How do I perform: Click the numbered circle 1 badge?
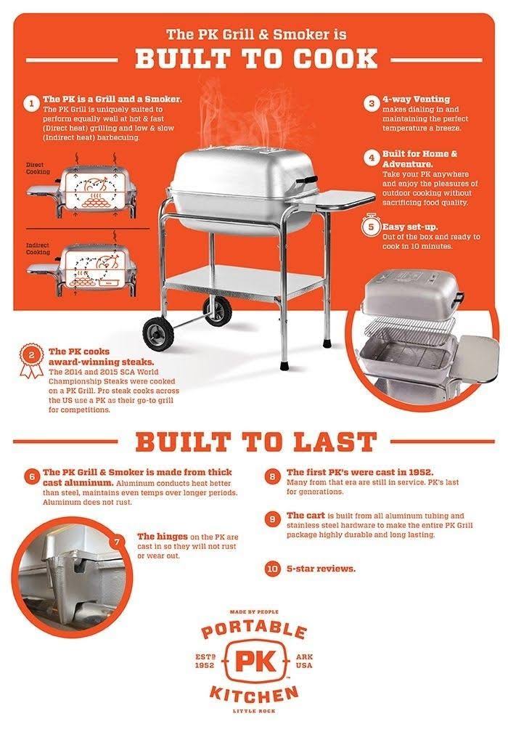pyautogui.click(x=31, y=103)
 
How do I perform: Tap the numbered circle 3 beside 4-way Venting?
pyautogui.click(x=371, y=103)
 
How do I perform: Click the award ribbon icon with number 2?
pyautogui.click(x=30, y=358)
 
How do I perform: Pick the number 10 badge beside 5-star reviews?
pyautogui.click(x=272, y=569)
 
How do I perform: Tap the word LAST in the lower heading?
pyautogui.click(x=332, y=441)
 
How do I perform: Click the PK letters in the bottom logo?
pyautogui.click(x=254, y=662)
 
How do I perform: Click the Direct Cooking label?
pyautogui.click(x=38, y=169)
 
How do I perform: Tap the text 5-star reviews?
pyautogui.click(x=321, y=569)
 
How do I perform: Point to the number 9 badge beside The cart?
pyautogui.click(x=272, y=518)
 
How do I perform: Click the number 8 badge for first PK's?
pyautogui.click(x=272, y=477)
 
